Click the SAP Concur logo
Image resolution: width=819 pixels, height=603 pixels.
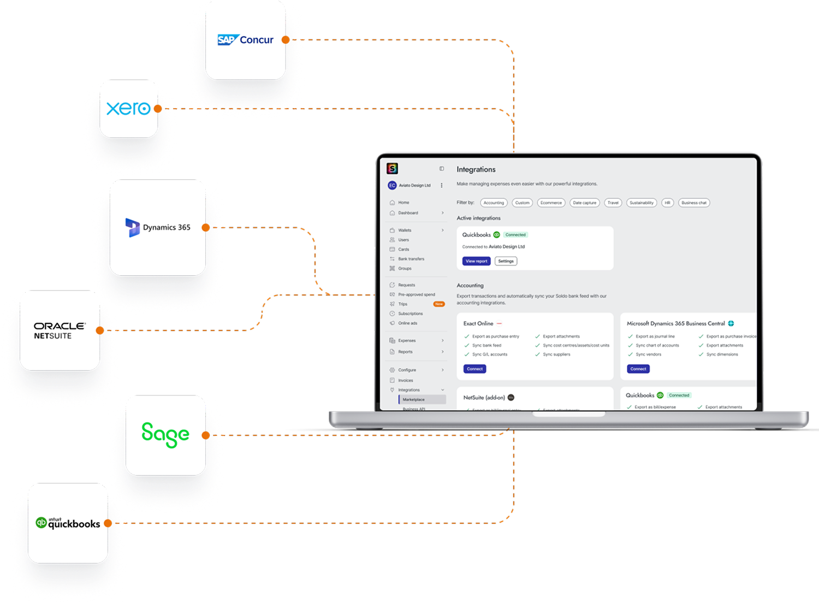pyautogui.click(x=246, y=40)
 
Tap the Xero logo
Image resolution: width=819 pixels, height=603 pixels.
pyautogui.click(x=128, y=108)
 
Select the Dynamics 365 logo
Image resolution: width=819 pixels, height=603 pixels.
pyautogui.click(x=158, y=227)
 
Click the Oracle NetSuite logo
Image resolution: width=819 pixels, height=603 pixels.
pyautogui.click(x=60, y=330)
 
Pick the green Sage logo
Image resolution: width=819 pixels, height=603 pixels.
pyautogui.click(x=165, y=435)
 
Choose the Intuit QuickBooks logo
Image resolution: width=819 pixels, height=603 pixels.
pyautogui.click(x=68, y=523)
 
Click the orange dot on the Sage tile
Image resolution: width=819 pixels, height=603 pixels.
pyautogui.click(x=206, y=435)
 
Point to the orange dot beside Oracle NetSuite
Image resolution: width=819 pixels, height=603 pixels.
pyautogui.click(x=100, y=330)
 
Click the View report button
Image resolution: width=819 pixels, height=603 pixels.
pyautogui.click(x=476, y=261)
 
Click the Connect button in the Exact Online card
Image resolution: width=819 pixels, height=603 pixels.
pyautogui.click(x=474, y=369)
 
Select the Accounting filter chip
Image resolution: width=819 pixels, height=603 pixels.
pyautogui.click(x=494, y=203)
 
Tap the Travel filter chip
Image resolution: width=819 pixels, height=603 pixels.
pyautogui.click(x=613, y=203)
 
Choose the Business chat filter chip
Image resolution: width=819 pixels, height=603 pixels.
pyautogui.click(x=693, y=203)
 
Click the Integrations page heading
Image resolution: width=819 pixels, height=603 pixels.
pyautogui.click(x=476, y=170)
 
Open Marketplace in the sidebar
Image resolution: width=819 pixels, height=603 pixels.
pyautogui.click(x=413, y=399)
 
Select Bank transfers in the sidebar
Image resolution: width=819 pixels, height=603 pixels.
pyautogui.click(x=411, y=259)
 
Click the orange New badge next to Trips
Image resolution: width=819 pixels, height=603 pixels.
pyautogui.click(x=438, y=304)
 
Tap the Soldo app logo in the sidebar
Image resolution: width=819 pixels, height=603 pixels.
pyautogui.click(x=392, y=169)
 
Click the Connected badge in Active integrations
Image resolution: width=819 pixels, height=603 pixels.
pyautogui.click(x=515, y=235)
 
